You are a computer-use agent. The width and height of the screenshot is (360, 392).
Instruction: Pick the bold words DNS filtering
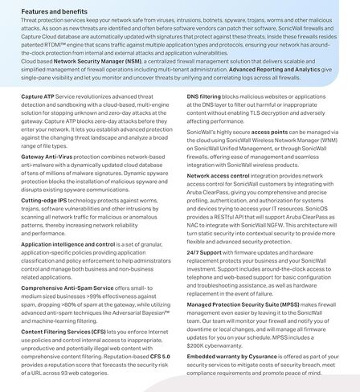(x=208, y=96)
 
